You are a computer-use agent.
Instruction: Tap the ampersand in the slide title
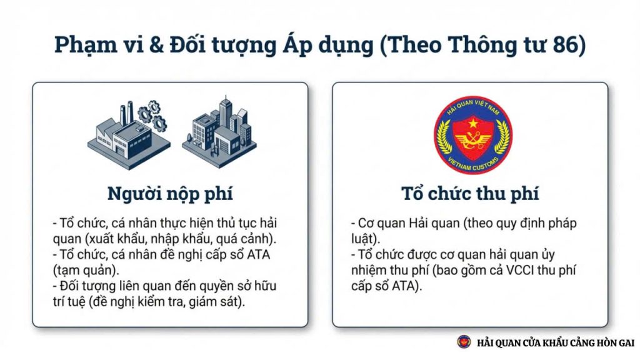click(156, 44)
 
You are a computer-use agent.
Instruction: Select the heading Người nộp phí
click(170, 194)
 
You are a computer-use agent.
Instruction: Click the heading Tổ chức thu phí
click(470, 194)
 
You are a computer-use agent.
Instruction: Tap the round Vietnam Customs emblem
click(473, 135)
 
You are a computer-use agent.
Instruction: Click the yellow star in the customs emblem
click(473, 122)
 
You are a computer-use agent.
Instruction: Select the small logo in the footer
click(464, 342)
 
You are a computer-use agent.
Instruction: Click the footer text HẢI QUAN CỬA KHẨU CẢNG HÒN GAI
click(556, 342)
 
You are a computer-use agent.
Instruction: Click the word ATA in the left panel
click(258, 255)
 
